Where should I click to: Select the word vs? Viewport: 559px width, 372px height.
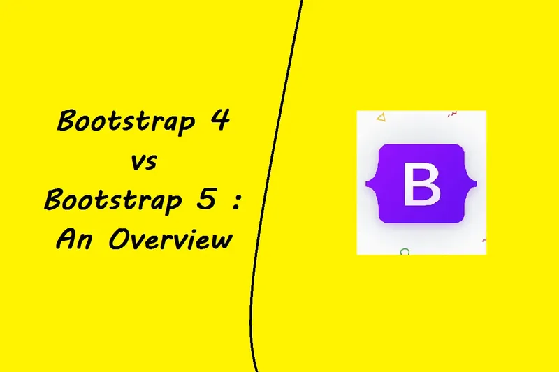(144, 163)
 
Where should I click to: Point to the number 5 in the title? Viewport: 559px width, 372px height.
(206, 200)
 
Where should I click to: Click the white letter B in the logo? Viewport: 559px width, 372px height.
(421, 184)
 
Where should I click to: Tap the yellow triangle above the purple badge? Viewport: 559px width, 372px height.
(380, 117)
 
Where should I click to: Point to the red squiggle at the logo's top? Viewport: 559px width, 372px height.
(452, 113)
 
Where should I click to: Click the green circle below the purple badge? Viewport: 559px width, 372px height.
(404, 251)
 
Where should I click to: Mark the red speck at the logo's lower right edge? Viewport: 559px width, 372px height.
(484, 240)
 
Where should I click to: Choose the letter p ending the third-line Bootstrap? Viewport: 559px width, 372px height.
(180, 204)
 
